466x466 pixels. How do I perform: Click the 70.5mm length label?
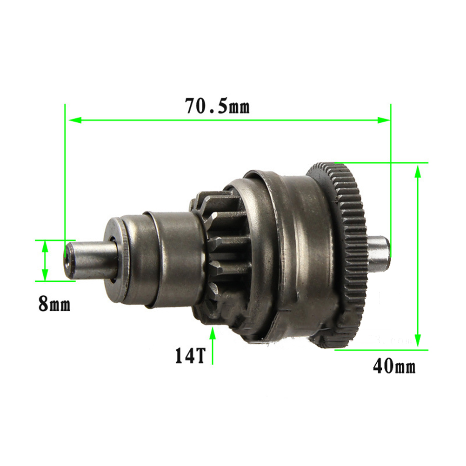point(217,106)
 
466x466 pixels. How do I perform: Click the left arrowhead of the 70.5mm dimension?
point(75,120)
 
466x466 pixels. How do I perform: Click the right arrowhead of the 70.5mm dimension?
point(383,120)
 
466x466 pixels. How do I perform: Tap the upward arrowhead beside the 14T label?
point(212,333)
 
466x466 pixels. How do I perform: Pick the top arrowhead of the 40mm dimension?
point(418,171)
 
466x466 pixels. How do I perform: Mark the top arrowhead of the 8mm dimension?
point(45,246)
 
